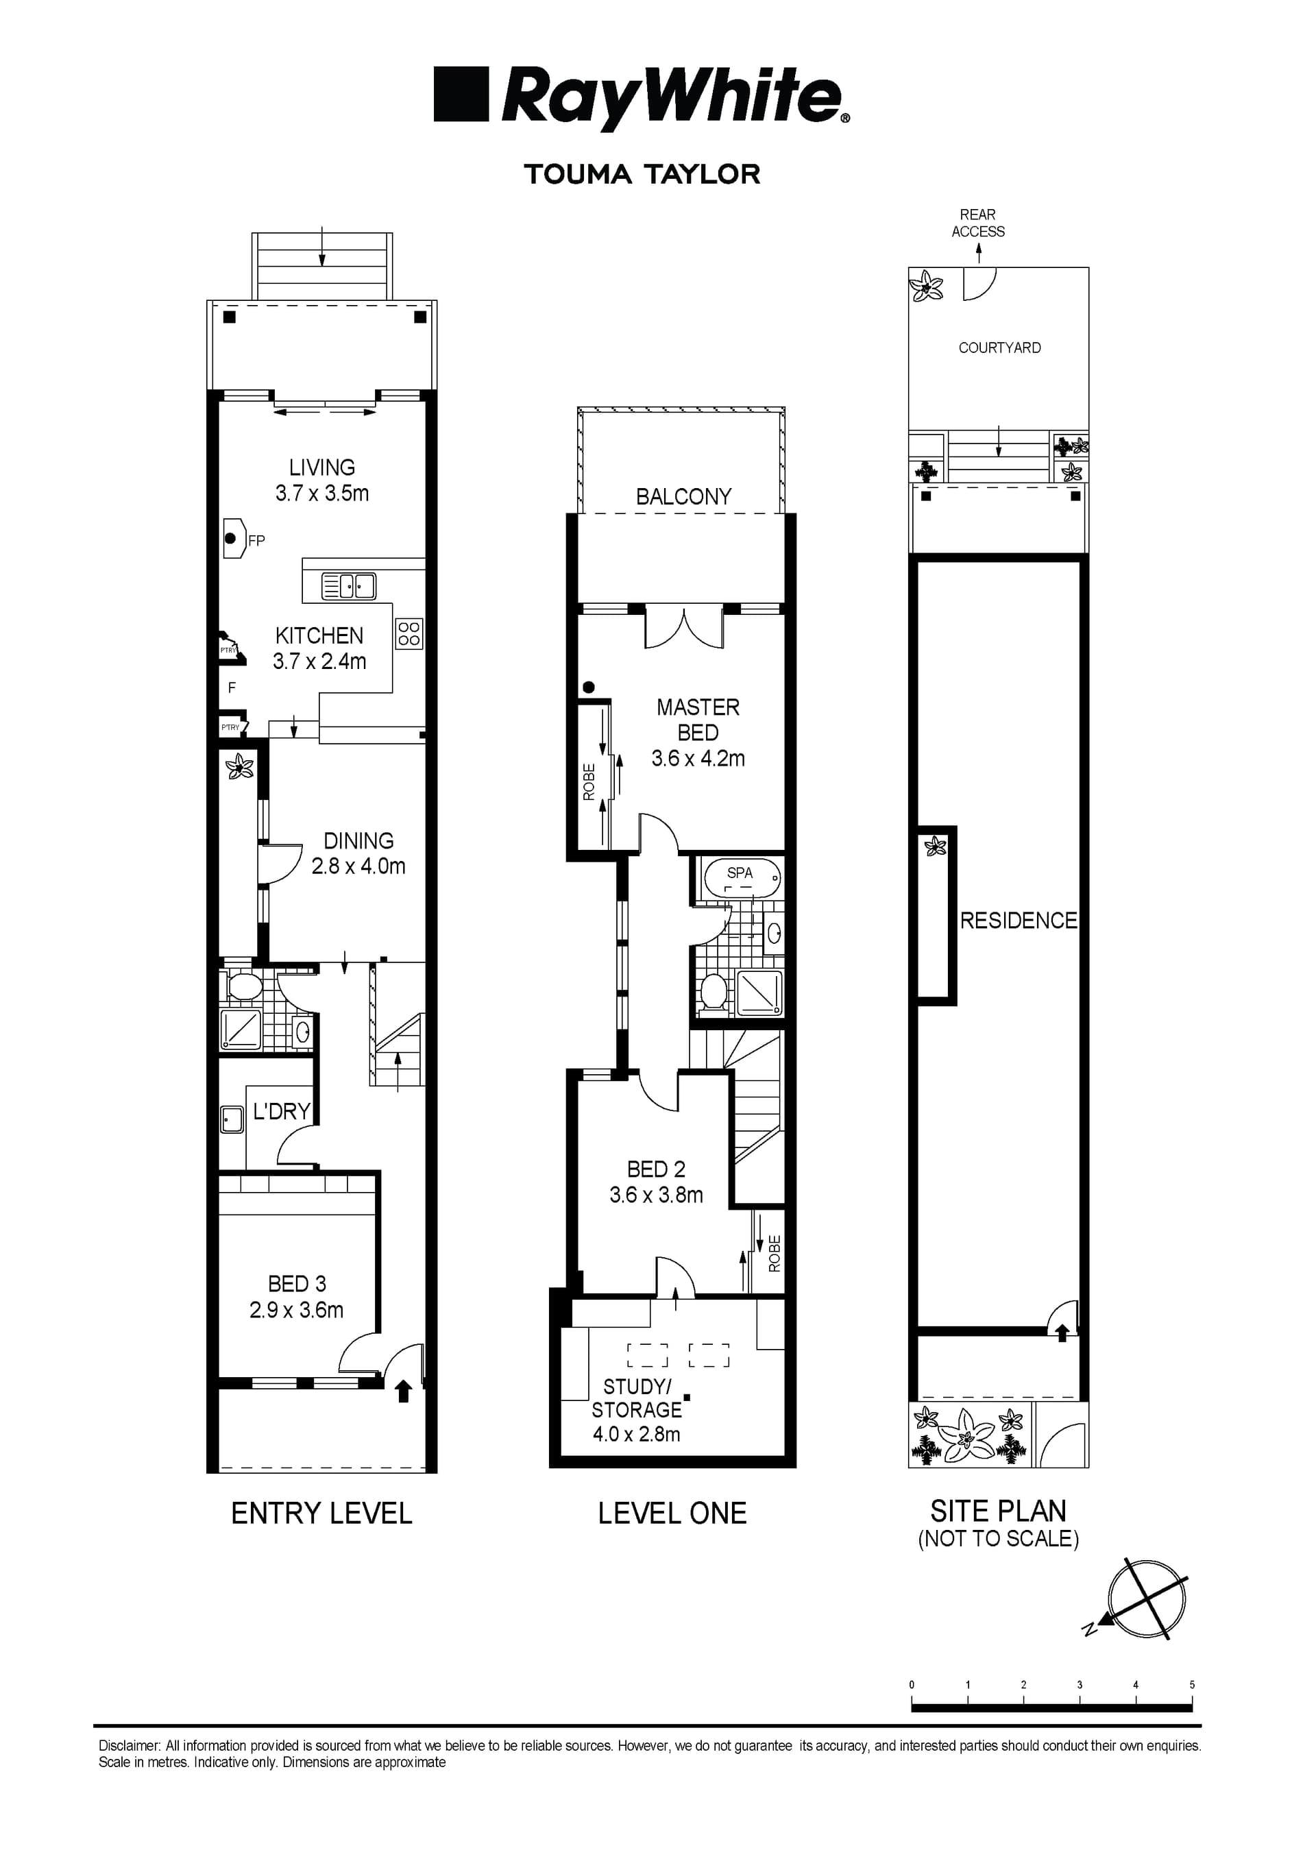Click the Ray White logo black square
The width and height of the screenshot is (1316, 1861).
click(462, 94)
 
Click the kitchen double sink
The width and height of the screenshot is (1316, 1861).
click(348, 585)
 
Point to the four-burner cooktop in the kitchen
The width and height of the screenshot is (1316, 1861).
click(409, 634)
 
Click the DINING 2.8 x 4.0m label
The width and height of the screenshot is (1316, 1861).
click(358, 853)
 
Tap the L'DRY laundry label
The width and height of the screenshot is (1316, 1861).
click(281, 1110)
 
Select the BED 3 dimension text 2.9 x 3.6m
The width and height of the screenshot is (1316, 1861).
click(297, 1310)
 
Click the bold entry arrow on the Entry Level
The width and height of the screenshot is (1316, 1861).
click(404, 1391)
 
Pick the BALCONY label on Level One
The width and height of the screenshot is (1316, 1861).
click(683, 496)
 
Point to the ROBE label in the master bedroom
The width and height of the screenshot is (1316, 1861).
click(589, 782)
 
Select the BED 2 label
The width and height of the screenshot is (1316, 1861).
click(657, 1169)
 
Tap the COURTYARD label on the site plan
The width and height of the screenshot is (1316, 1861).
click(999, 348)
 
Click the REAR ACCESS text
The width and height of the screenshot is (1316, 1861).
click(978, 223)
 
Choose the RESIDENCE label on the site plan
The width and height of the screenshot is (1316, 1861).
click(1019, 920)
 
